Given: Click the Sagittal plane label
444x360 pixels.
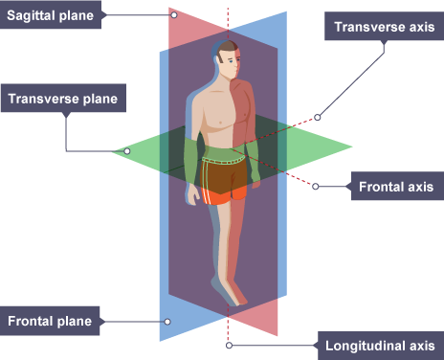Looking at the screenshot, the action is pyautogui.click(x=51, y=15).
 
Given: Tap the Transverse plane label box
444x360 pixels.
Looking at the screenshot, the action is pyautogui.click(x=63, y=99).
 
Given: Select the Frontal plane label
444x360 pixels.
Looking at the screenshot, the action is pyautogui.click(x=50, y=321).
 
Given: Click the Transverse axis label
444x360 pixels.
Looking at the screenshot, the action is pyautogui.click(x=384, y=27).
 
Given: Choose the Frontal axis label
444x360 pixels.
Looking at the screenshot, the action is pyautogui.click(x=397, y=187).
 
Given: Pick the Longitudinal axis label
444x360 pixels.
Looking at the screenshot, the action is pyautogui.click(x=381, y=346).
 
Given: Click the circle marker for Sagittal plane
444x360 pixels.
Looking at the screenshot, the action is pyautogui.click(x=174, y=15).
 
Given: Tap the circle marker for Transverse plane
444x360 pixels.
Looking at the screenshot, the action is pyautogui.click(x=127, y=151).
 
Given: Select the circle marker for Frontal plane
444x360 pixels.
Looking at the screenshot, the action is pyautogui.click(x=167, y=322).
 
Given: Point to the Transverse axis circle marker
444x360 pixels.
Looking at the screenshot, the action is pyautogui.click(x=317, y=118).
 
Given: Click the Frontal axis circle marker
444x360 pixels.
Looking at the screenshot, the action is pyautogui.click(x=316, y=187).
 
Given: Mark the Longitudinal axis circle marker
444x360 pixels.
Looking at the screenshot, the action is pyautogui.click(x=229, y=346).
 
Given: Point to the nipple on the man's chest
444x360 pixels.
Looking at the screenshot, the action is pyautogui.click(x=220, y=123).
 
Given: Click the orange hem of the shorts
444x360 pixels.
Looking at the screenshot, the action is pyautogui.click(x=224, y=196).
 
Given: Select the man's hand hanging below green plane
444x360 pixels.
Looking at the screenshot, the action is pyautogui.click(x=193, y=194).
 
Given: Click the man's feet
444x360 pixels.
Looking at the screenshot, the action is pyautogui.click(x=231, y=292).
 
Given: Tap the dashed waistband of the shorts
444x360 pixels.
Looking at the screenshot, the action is pyautogui.click(x=223, y=160).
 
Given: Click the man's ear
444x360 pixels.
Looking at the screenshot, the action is pyautogui.click(x=222, y=58).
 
